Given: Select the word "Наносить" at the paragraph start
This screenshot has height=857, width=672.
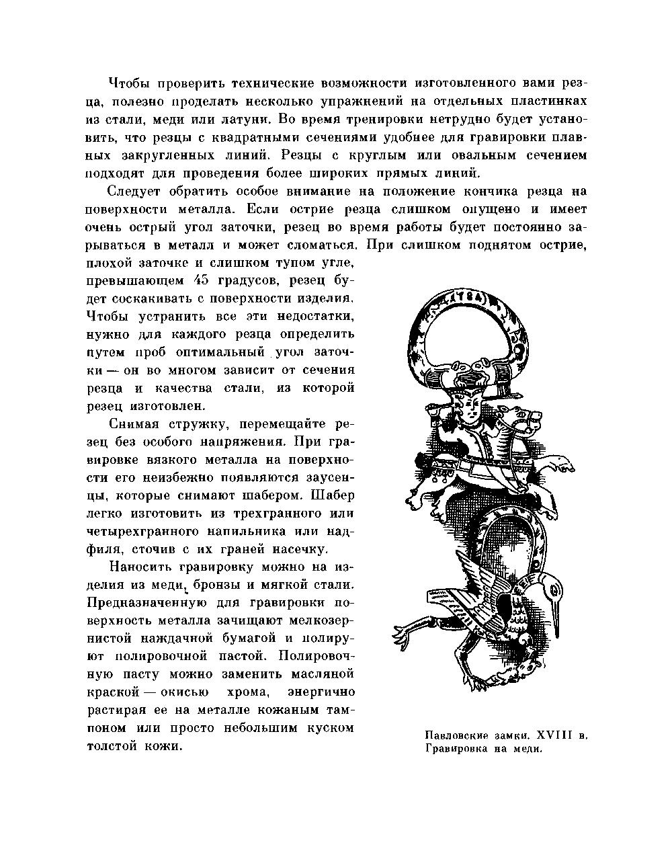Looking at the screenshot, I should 138,565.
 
